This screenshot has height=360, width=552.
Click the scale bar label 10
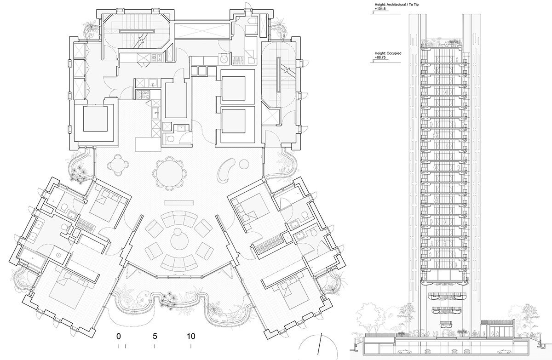click(x=190, y=336)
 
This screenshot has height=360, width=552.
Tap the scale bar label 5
click(x=155, y=336)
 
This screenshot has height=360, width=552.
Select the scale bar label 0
click(x=119, y=336)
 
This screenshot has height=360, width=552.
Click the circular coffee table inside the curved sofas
click(x=178, y=240)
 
